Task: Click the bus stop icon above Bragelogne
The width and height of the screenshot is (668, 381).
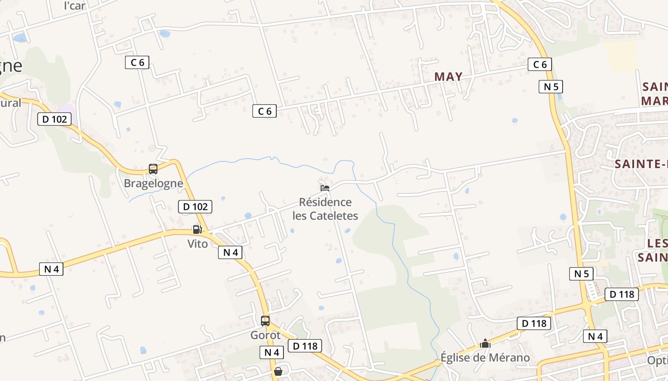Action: pos(153,169)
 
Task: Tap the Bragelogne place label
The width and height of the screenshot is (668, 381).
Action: pos(153,183)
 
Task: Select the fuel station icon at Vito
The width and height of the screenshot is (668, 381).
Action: pos(197,230)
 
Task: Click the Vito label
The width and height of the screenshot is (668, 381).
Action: pos(198,244)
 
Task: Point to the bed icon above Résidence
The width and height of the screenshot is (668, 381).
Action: pos(325,187)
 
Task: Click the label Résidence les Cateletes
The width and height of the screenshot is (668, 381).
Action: pos(325,209)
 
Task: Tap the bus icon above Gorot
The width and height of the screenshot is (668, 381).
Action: pos(265,321)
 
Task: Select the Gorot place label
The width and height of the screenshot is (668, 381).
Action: pos(265,335)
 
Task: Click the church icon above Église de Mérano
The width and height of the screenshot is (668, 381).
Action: pos(485,343)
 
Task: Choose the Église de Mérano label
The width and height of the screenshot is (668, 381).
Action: pos(485,358)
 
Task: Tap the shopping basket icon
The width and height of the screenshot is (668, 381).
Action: pos(278,371)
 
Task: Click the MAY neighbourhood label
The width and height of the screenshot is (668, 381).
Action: pos(448,77)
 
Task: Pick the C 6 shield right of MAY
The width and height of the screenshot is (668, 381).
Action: pos(540,64)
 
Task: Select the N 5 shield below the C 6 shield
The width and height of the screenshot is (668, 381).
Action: pos(551,87)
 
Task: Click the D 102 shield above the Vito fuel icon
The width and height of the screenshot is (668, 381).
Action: pos(195,207)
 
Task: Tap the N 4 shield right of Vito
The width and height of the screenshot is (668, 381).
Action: pos(230,252)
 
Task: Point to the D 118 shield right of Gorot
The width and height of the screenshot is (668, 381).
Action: pos(304,346)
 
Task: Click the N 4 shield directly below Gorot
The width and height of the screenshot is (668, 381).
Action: pos(271,352)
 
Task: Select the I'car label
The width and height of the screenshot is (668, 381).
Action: pos(74,6)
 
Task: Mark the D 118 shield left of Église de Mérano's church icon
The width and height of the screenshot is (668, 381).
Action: pos(533,324)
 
